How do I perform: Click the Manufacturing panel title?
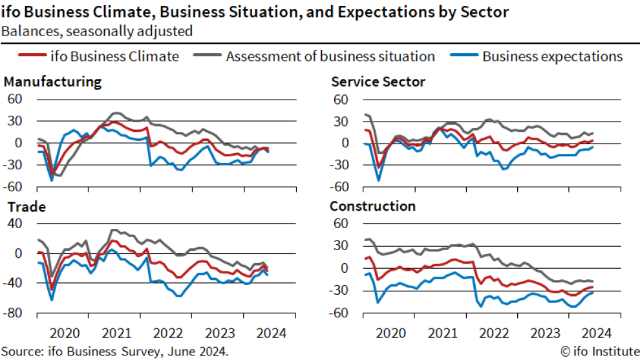pyautogui.click(x=52, y=82)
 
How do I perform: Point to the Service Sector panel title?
pyautogui.click(x=378, y=82)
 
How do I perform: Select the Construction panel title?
pyautogui.click(x=372, y=207)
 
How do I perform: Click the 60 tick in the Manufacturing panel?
pyautogui.click(x=14, y=99)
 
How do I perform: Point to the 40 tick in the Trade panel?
pyautogui.click(x=14, y=224)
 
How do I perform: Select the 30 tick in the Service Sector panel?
pyautogui.click(x=341, y=121)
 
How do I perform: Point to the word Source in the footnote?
pyautogui.click(x=21, y=351)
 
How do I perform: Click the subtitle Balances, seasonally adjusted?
pyautogui.click(x=96, y=31)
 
